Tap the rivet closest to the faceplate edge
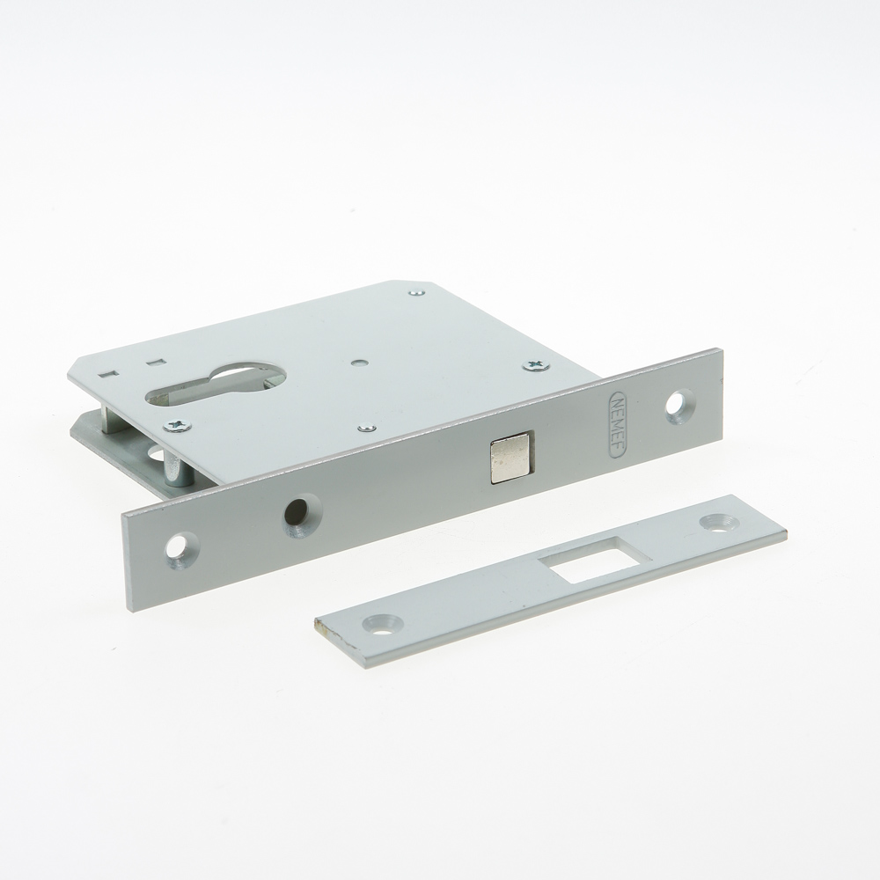(x=368, y=429)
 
